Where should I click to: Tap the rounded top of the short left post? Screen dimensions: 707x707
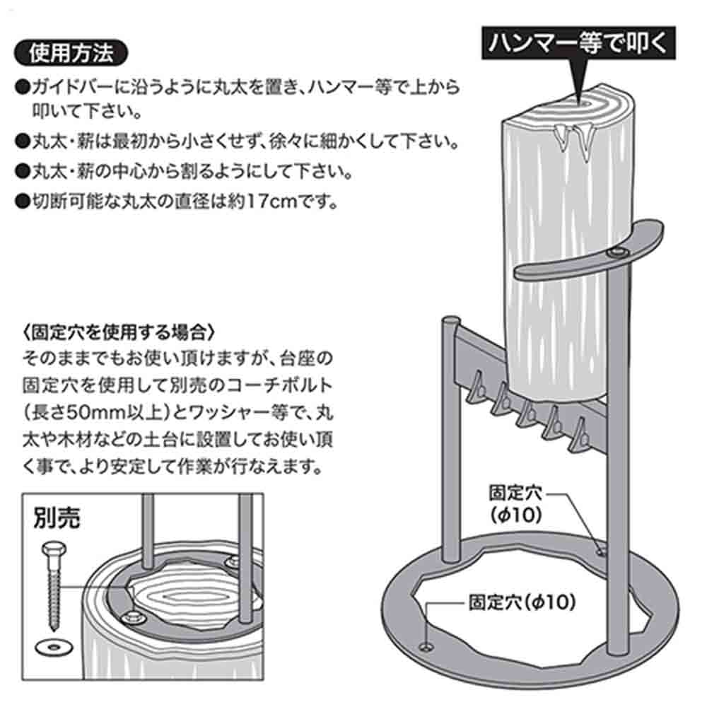[x=449, y=322]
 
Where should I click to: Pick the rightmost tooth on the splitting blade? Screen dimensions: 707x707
[x=581, y=427]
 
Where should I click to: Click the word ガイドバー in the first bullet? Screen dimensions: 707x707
[x=68, y=88]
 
